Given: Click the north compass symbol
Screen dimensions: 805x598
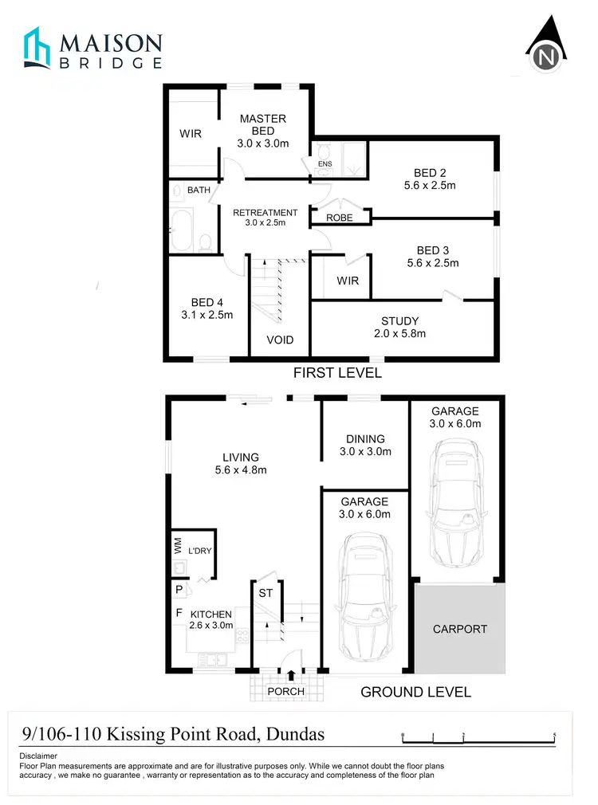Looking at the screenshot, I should coord(546,49).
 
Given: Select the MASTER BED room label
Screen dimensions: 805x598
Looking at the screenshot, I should coord(262,125).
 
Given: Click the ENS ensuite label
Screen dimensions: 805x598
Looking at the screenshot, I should coord(324,164).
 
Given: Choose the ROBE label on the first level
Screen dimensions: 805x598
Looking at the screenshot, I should coord(339,218).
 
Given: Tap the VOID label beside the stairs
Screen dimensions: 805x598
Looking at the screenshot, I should coord(280,340).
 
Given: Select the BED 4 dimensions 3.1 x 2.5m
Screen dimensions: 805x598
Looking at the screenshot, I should coord(206,315).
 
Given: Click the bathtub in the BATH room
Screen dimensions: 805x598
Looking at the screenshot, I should coord(181,230).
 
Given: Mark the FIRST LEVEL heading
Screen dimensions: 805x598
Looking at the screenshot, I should coord(337,373).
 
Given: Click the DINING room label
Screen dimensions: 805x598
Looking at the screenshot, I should coord(365,438).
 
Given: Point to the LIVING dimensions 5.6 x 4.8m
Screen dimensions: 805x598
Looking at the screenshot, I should coord(240,470).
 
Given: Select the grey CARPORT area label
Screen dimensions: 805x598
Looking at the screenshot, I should coord(459,629).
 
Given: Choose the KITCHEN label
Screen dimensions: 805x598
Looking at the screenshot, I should coord(210,614).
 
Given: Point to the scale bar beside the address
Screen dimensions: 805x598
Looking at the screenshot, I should coord(478,737).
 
